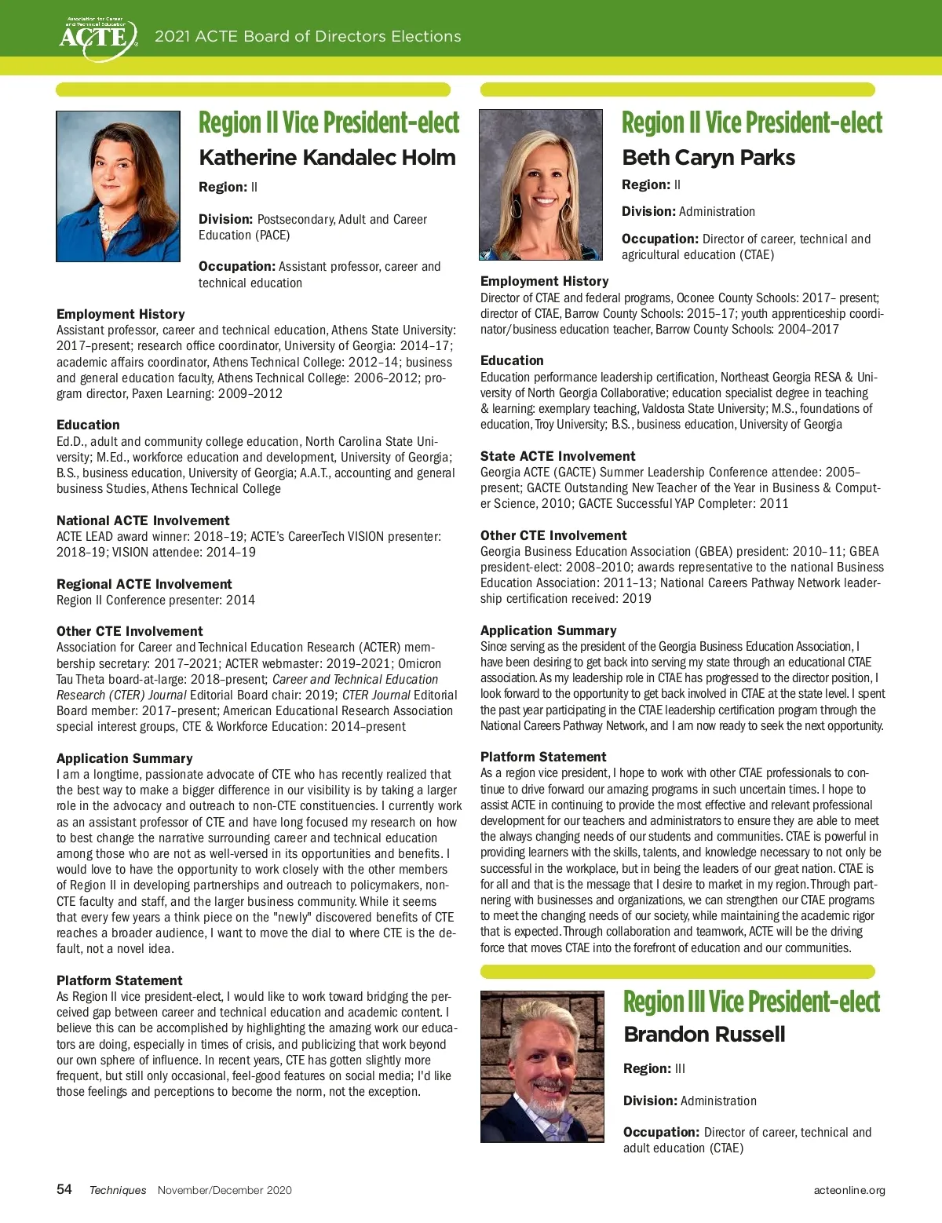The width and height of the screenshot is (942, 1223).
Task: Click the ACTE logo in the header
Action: point(98,36)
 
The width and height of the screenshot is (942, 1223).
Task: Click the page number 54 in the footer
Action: point(64,1189)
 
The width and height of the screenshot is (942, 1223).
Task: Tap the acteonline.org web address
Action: point(849,1190)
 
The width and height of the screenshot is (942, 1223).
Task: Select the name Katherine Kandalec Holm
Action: point(327,157)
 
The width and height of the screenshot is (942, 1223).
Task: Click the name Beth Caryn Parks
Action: point(708,157)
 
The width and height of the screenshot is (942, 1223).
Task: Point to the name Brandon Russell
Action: point(704,1034)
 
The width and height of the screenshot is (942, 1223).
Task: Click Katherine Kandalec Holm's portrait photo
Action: point(119,186)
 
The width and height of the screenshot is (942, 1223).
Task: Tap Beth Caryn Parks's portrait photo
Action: point(541,184)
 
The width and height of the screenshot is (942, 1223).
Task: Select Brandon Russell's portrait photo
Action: point(542,1066)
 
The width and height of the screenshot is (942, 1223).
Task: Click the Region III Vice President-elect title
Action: point(751,1001)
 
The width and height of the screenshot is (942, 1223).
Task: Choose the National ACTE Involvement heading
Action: point(143,520)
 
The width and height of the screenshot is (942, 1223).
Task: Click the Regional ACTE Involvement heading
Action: point(144,584)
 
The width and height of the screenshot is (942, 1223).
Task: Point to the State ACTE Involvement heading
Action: point(557,456)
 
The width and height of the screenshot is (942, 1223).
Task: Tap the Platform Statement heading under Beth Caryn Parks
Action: point(543,757)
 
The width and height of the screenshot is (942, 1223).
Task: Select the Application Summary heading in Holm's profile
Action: point(124,758)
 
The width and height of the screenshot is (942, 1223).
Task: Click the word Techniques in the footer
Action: point(118,1190)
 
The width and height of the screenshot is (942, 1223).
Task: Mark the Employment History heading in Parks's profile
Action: point(544,281)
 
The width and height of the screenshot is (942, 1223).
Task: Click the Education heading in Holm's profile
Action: point(88,425)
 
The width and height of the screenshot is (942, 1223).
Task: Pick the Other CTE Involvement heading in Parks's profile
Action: point(553,535)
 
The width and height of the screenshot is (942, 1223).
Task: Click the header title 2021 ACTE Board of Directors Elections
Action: point(308,36)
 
